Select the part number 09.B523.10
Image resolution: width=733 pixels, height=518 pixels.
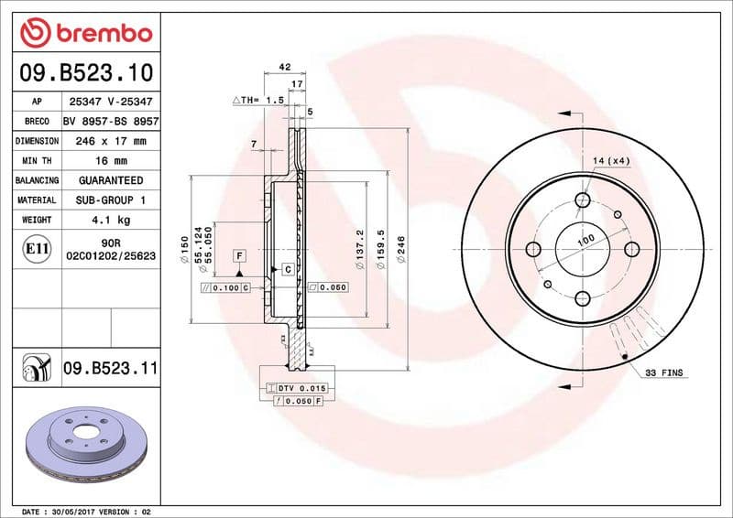82,72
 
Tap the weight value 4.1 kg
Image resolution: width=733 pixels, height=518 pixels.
111,220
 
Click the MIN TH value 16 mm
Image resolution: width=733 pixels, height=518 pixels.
111,161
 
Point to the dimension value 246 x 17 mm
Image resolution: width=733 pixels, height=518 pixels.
111,141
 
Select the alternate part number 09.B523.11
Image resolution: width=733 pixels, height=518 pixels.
111,369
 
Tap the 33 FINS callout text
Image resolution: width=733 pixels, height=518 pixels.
664,373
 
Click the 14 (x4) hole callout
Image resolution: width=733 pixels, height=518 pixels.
612,162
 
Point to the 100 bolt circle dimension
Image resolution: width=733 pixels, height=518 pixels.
585,240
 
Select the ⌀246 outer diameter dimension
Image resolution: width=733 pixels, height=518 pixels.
400,250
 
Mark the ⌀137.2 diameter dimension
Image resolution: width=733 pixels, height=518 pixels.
360,246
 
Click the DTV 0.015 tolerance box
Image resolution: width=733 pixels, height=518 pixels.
300,388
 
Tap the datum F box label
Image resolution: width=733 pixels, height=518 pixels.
238,254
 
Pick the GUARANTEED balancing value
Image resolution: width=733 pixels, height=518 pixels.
111,180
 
